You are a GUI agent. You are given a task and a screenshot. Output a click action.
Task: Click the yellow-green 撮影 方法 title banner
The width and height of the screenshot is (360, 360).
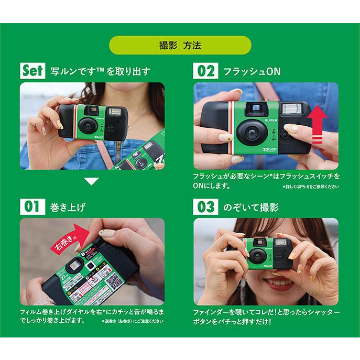180,45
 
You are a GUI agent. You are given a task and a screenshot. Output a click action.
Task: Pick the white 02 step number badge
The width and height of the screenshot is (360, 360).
205,70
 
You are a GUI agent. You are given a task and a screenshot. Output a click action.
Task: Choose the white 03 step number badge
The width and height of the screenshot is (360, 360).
205,206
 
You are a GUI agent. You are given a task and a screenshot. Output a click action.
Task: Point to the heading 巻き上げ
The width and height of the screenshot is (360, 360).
68,207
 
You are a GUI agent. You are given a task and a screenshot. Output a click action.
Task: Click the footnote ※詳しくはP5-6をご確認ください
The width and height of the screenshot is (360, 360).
310,187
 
